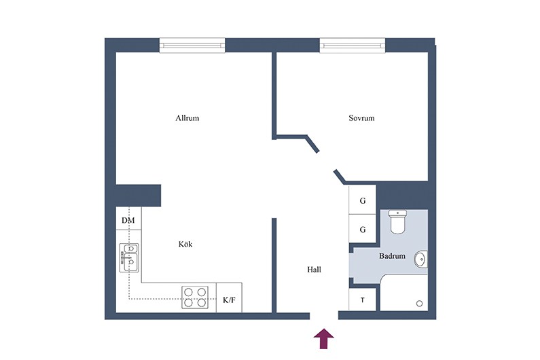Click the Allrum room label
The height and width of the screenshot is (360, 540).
click(x=187, y=118)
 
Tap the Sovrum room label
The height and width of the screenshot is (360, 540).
click(x=361, y=118)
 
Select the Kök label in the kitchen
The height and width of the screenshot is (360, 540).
click(x=185, y=245)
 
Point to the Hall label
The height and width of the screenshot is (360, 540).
click(x=314, y=270)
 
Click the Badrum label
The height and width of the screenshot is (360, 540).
click(x=392, y=256)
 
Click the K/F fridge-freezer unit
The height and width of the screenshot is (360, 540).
click(x=229, y=298)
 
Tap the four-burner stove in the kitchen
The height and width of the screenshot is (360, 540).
click(x=195, y=298)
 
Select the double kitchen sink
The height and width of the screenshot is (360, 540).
click(x=130, y=257)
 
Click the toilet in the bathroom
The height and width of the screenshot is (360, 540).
click(x=397, y=222)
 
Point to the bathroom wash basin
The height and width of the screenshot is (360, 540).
click(x=420, y=259)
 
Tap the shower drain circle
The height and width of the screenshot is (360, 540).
click(x=420, y=304)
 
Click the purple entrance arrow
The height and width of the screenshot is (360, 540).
click(x=324, y=339)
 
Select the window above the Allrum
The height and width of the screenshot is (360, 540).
click(x=192, y=46)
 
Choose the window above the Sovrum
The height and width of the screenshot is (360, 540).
click(x=353, y=46)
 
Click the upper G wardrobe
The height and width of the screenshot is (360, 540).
click(x=362, y=200)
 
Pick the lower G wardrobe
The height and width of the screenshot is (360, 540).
click(x=362, y=229)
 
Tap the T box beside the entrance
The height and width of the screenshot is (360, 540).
click(x=362, y=300)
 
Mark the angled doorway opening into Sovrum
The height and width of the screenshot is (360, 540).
click(x=326, y=161)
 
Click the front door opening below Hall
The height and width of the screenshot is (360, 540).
click(x=324, y=316)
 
